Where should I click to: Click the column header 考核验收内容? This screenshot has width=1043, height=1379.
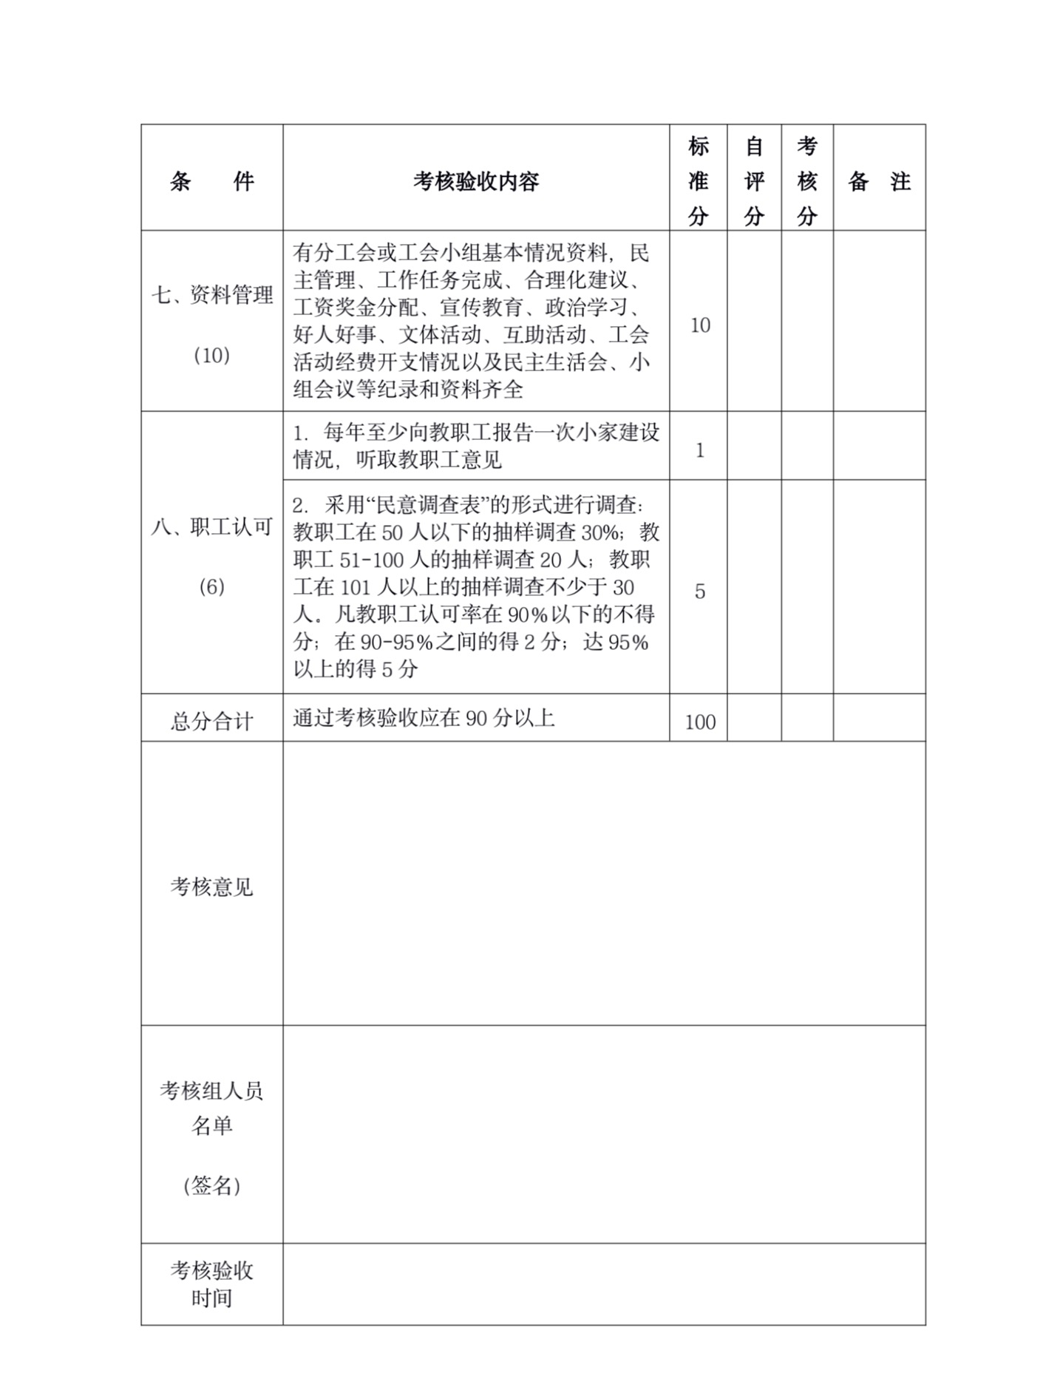tap(476, 181)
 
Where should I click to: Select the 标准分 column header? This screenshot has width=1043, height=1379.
tap(698, 181)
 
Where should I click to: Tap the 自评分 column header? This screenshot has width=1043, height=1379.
tap(753, 181)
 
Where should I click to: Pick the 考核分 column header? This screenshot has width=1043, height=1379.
tap(806, 181)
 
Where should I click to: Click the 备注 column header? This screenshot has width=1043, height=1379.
tap(879, 181)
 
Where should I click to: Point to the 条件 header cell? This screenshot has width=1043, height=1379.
tap(211, 181)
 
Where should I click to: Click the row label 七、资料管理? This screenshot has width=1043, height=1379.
tap(212, 295)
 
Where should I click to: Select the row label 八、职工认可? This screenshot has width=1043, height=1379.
tap(212, 527)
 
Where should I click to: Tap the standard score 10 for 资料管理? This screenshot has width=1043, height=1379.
tap(699, 325)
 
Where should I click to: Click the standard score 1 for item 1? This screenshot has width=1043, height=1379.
tap(699, 450)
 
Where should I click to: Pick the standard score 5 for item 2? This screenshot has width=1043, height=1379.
tap(699, 592)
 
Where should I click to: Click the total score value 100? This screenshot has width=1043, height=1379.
tap(699, 722)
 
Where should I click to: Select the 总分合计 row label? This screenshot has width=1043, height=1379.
tap(211, 721)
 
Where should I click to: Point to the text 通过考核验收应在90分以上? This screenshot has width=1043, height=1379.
tap(424, 718)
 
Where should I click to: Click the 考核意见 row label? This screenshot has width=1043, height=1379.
tap(211, 887)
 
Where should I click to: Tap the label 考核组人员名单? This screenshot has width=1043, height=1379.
tap(211, 1108)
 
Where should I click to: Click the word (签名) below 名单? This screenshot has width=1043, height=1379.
tap(211, 1186)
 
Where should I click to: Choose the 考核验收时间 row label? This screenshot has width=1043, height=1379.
tap(211, 1284)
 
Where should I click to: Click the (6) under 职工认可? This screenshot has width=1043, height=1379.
tap(211, 587)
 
